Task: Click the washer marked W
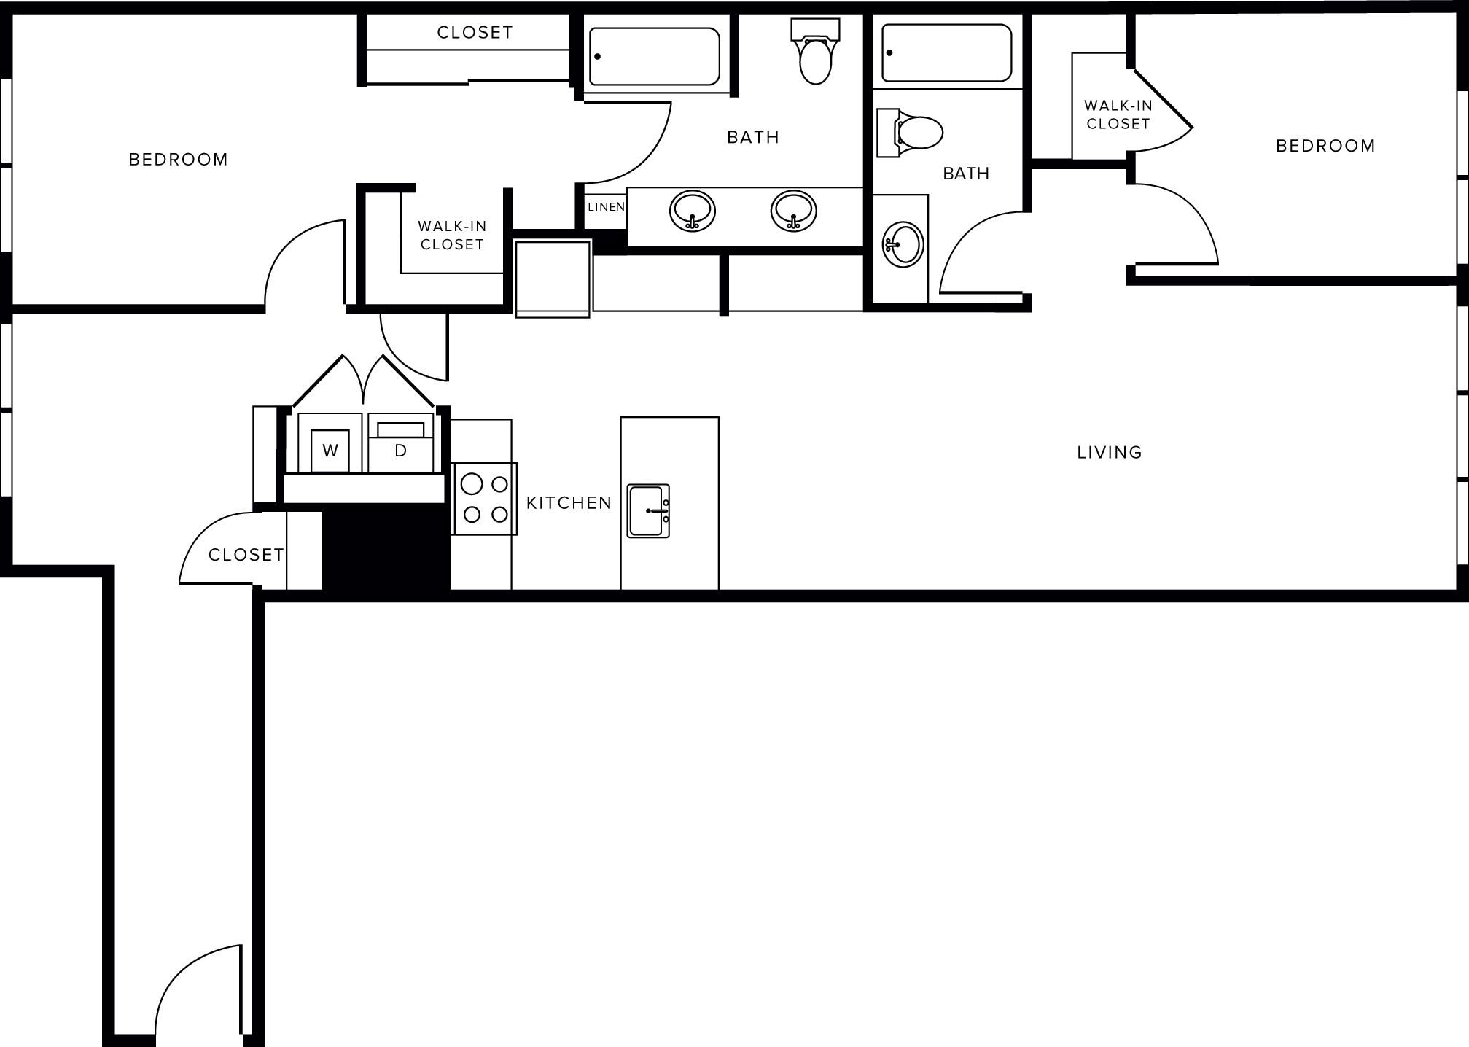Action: click(x=330, y=450)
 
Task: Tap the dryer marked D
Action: click(x=400, y=450)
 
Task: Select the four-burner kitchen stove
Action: click(x=485, y=499)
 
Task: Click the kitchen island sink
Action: click(x=649, y=510)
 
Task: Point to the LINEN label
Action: click(x=606, y=207)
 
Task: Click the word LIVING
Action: click(x=1109, y=453)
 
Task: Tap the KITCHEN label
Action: click(x=569, y=503)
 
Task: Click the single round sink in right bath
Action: click(x=903, y=243)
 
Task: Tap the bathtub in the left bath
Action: click(x=654, y=57)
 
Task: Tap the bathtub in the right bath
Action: click(x=946, y=53)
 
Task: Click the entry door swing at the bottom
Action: click(x=197, y=992)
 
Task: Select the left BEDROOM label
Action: click(x=178, y=160)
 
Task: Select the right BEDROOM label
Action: click(x=1325, y=146)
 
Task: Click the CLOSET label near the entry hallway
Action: click(x=246, y=555)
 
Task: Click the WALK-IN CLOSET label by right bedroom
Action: click(x=1118, y=114)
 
